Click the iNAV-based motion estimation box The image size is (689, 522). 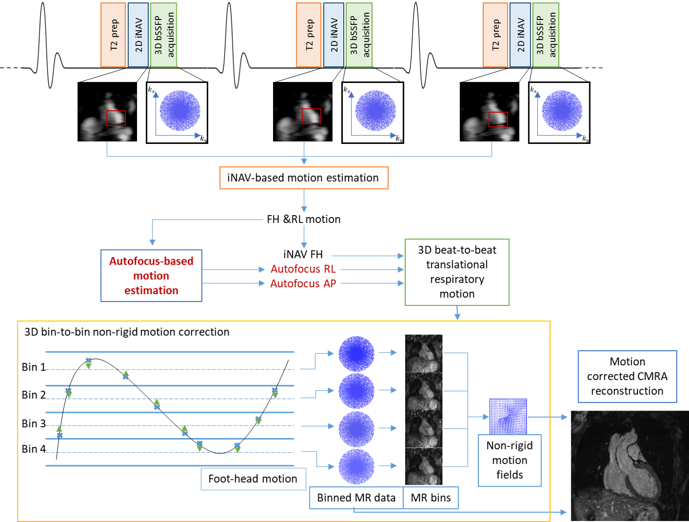(303, 178)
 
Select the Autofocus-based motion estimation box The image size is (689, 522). (151, 275)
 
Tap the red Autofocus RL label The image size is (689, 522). (303, 269)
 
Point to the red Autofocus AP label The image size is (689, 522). (303, 284)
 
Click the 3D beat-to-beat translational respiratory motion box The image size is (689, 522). (457, 272)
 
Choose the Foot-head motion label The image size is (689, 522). (253, 479)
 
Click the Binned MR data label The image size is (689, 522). (356, 498)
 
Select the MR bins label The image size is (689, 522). (431, 498)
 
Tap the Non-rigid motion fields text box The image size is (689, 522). (510, 460)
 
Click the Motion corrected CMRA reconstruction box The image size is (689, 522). (627, 376)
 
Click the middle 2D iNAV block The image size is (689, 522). (333, 34)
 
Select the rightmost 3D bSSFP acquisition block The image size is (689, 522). (545, 34)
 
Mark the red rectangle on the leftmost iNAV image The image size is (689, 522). (116, 118)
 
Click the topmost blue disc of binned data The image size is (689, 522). (357, 354)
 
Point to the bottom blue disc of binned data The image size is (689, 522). (357, 467)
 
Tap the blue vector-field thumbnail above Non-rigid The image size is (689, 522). (508, 415)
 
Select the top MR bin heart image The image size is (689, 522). (424, 353)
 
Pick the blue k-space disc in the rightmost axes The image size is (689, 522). (562, 110)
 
